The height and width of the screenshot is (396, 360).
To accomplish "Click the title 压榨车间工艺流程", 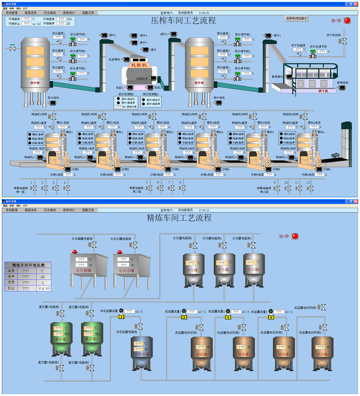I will pyautogui.click(x=183, y=21).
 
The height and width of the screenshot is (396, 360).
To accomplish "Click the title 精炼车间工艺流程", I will pyautogui.click(x=179, y=218).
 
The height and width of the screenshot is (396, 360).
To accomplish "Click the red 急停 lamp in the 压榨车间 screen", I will pyautogui.click(x=347, y=20).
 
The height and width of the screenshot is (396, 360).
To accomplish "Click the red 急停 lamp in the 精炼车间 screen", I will pyautogui.click(x=295, y=236).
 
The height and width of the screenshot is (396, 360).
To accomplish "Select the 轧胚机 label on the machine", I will pyautogui.click(x=139, y=65).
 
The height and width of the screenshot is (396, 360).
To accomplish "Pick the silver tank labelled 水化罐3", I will pyautogui.click(x=253, y=269).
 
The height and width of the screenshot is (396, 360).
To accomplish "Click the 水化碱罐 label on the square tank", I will pyautogui.click(x=83, y=271).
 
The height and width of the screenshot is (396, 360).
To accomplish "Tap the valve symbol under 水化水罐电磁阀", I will pyautogui.click(x=134, y=245).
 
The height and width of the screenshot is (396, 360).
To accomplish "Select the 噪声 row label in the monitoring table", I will pyautogui.click(x=11, y=277).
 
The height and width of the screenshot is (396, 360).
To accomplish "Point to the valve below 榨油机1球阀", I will pyautogui.click(x=53, y=116).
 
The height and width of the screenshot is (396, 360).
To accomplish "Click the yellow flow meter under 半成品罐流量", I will pyautogui.click(x=121, y=317).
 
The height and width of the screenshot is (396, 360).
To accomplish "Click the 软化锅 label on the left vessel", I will pyautogui.click(x=35, y=83).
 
